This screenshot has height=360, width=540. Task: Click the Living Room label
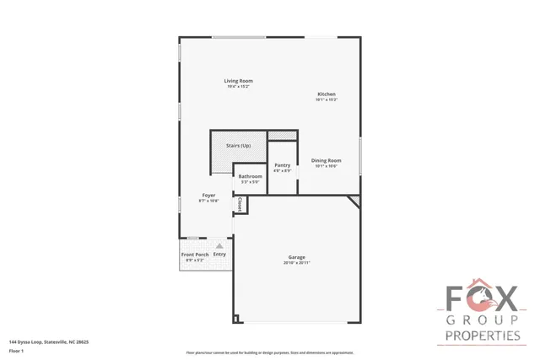(239, 81)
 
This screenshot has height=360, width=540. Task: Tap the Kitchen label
(327, 94)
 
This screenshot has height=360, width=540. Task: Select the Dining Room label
(326, 160)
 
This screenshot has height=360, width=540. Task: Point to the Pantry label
(283, 165)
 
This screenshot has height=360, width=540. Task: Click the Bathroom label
(251, 176)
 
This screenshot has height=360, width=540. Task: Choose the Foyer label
(208, 196)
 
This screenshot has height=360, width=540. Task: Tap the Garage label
(296, 257)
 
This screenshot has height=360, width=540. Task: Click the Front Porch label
(195, 255)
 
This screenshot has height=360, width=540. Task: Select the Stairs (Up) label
(238, 146)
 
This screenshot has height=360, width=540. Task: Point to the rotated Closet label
(240, 204)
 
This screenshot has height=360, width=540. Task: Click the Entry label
(219, 255)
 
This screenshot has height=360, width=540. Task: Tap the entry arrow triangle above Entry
(219, 245)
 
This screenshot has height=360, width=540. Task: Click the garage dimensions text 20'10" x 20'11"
(296, 263)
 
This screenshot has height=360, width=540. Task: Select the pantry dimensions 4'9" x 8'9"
(283, 171)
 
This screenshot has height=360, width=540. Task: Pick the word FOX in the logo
(482, 299)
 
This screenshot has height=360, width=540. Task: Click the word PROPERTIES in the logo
(482, 336)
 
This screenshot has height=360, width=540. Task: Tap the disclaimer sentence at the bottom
(270, 352)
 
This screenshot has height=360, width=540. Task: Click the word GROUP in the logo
(482, 321)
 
